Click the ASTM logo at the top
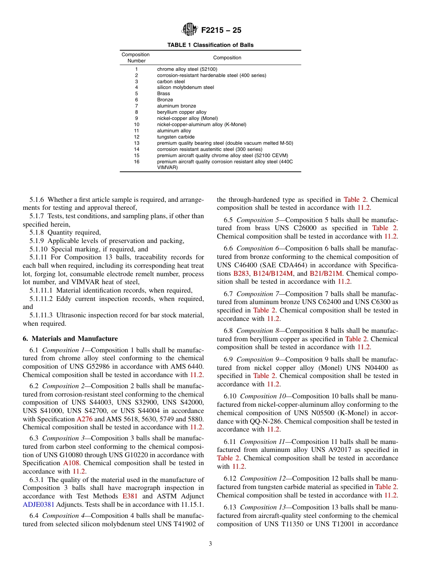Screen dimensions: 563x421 click(x=190, y=30)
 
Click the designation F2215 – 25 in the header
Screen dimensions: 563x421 click(x=221, y=31)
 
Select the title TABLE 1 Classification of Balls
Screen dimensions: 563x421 click(x=210, y=45)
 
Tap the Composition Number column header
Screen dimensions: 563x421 click(x=136, y=58)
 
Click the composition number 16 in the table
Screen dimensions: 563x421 click(x=136, y=162)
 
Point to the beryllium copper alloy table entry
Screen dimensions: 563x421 click(x=181, y=112)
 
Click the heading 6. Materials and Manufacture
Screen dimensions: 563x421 click(x=70, y=339)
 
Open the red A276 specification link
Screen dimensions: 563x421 click(x=84, y=419)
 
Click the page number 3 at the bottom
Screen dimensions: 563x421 click(x=210, y=544)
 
